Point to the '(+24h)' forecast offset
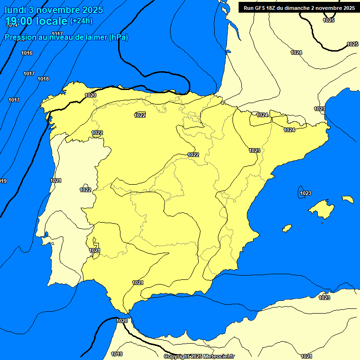point(81,21)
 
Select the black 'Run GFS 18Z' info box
point(299,8)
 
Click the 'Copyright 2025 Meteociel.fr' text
point(199,357)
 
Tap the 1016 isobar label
point(27,53)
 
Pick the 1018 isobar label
point(43,79)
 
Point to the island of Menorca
point(347,199)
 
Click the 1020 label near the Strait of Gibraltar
point(122,321)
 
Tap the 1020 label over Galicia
point(90,95)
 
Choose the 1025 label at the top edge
point(329,20)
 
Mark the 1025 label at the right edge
point(352,44)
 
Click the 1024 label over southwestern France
point(296,52)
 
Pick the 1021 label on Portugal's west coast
point(56,180)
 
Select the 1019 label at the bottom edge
point(117,354)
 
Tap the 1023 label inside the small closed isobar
point(306,193)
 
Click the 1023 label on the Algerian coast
point(324,298)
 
